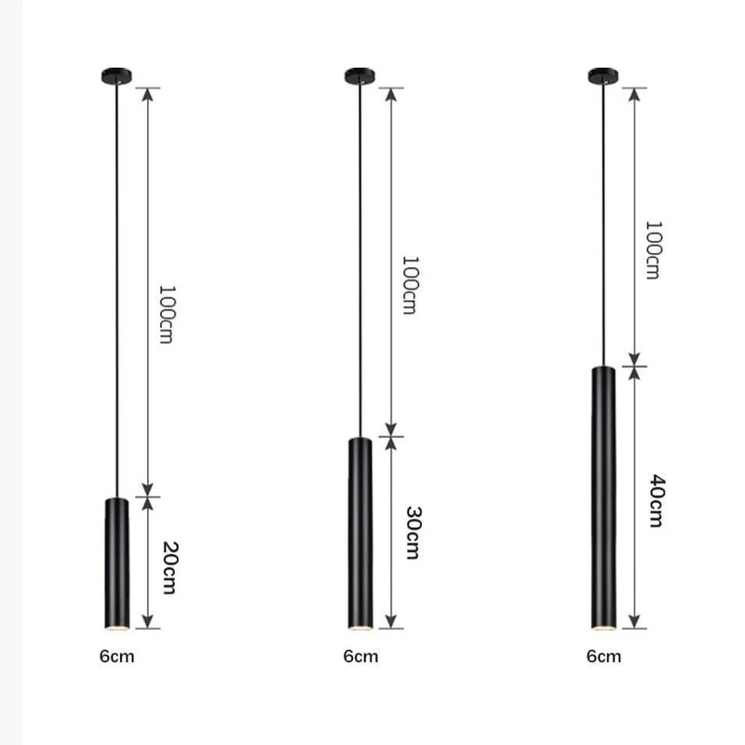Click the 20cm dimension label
(x=169, y=567)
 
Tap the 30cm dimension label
(x=413, y=533)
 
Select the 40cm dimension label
(x=657, y=500)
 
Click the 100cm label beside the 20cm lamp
(x=167, y=314)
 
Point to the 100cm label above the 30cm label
(x=411, y=285)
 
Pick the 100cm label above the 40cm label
(x=654, y=250)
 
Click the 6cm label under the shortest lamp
(x=117, y=657)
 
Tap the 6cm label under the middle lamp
(x=360, y=657)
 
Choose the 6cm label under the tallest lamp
(x=603, y=657)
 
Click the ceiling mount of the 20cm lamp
(x=116, y=76)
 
